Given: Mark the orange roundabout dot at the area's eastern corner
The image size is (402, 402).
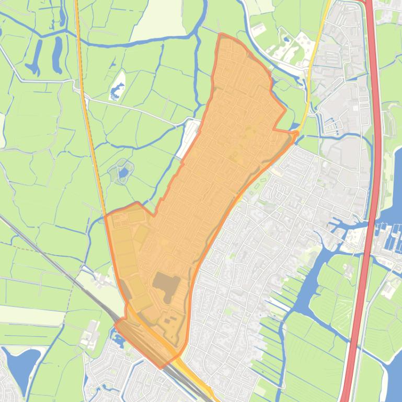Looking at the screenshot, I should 296,135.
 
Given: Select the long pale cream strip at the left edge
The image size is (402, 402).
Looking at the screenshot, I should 26,313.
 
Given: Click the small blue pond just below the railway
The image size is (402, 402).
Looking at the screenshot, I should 118,342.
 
